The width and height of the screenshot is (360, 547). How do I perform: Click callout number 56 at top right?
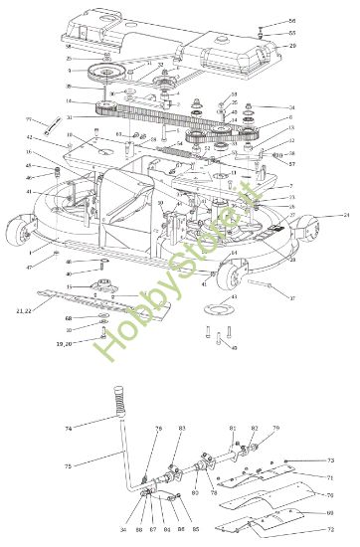pyautogui.click(x=291, y=21)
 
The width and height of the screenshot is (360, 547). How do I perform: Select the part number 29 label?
pyautogui.click(x=292, y=46)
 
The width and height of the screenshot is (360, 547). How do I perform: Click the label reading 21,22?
pyautogui.click(x=25, y=312)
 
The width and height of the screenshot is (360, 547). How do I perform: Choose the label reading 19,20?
pyautogui.click(x=63, y=342)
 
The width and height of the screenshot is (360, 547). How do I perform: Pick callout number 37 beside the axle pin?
pyautogui.click(x=292, y=297)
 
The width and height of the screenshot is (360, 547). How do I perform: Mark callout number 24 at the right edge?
pyautogui.click(x=345, y=215)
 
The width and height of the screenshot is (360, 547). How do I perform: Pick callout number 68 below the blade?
pyautogui.click(x=69, y=318)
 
